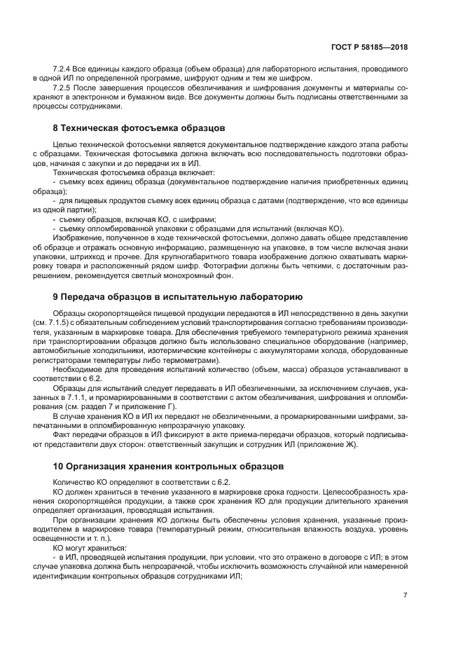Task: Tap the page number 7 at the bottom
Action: [406, 595]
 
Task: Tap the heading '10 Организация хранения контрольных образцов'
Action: [172, 465]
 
